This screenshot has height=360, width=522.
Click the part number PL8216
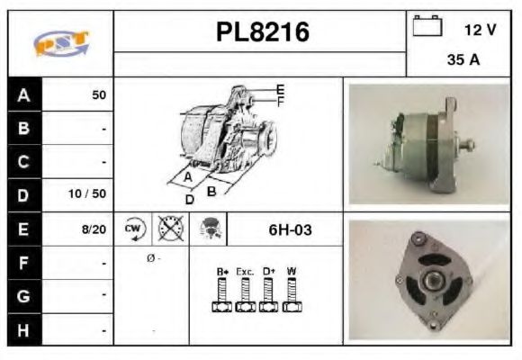point(263,33)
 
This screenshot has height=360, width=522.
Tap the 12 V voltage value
point(480,30)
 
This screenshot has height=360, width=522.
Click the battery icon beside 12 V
point(427,28)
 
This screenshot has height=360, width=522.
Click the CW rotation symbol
point(133,229)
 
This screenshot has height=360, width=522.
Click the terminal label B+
point(222,271)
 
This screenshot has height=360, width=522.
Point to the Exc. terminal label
point(245,271)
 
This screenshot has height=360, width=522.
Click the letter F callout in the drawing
point(281,101)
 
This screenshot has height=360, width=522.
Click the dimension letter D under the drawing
point(190,200)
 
